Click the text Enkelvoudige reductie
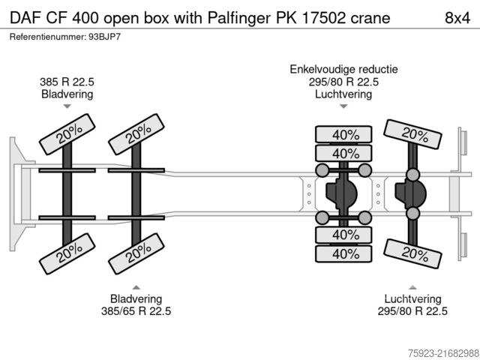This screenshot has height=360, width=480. pyautogui.click(x=343, y=69)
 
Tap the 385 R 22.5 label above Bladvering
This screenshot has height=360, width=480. pyautogui.click(x=67, y=82)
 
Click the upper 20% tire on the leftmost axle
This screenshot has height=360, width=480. pyautogui.click(x=67, y=133)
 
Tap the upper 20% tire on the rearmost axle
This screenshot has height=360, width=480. pyautogui.click(x=412, y=134)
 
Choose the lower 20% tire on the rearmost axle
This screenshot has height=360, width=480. pyautogui.click(x=412, y=253)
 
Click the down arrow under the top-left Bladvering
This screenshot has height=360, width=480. pyautogui.click(x=67, y=106)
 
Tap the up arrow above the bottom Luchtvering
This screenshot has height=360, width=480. pyautogui.click(x=412, y=286)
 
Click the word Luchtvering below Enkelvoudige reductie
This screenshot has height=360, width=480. pyautogui.click(x=343, y=94)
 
